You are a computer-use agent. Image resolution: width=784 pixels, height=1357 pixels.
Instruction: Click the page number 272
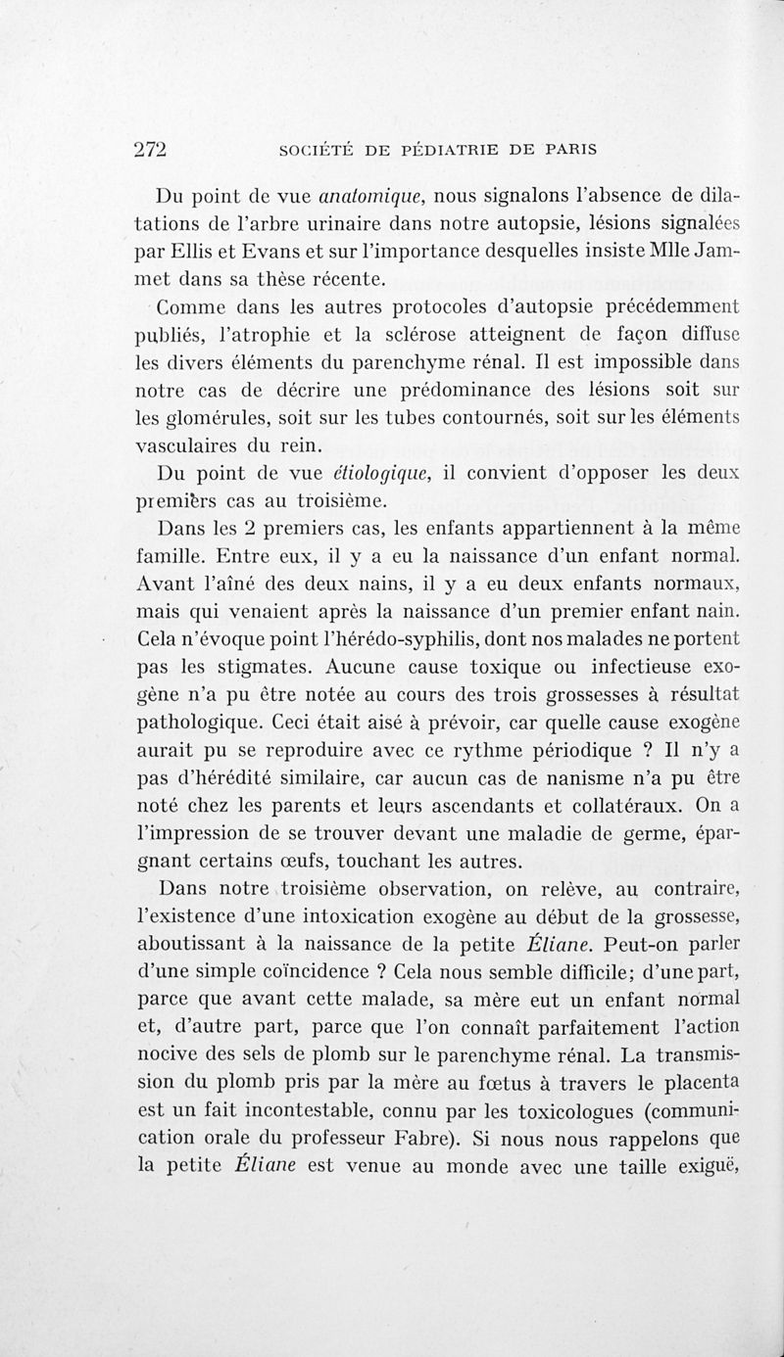pos(152,149)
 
